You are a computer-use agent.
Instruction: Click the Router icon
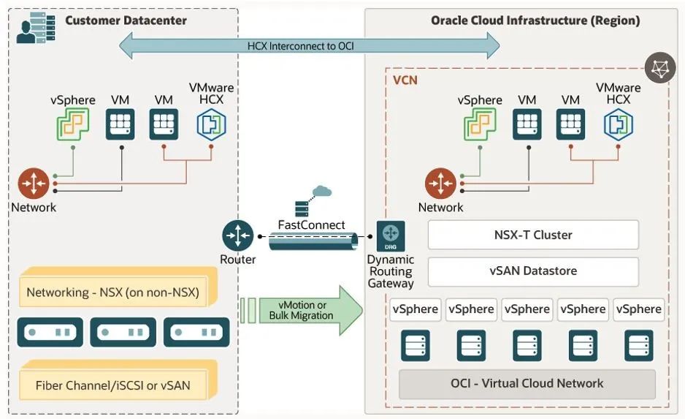tap(237, 235)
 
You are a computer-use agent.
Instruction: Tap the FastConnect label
tap(312, 224)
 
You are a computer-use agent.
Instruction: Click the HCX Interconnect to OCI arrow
tap(310, 46)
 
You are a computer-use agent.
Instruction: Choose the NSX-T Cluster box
tap(532, 235)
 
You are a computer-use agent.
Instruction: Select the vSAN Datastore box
tap(532, 271)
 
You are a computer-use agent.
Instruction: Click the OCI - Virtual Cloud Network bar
tap(527, 383)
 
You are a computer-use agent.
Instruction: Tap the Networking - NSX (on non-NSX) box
tap(113, 293)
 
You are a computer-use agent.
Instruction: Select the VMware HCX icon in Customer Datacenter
tap(211, 124)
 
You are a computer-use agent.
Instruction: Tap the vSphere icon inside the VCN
tap(480, 124)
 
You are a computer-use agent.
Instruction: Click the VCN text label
tap(405, 80)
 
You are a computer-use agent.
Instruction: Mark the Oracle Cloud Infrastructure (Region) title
tap(535, 20)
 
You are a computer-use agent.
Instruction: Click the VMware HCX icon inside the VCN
tap(618, 124)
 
